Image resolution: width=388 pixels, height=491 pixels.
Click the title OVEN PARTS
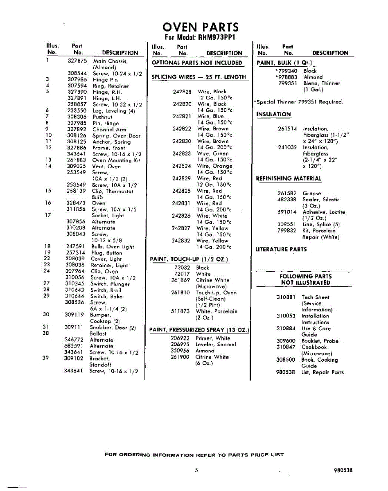click(200, 27)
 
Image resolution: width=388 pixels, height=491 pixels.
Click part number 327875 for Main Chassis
click(77, 61)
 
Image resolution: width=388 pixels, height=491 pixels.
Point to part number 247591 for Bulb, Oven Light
click(75, 247)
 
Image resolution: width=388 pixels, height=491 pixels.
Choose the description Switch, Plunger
click(110, 284)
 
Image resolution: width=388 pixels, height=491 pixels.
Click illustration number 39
click(46, 358)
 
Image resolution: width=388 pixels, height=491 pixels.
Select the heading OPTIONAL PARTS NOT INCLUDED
click(197, 63)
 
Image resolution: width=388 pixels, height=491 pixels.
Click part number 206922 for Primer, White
click(180, 338)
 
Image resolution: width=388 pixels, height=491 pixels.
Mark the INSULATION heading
click(273, 115)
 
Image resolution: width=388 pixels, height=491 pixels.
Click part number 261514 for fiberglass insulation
click(287, 129)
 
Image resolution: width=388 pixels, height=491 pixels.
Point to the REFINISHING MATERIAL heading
click(289, 178)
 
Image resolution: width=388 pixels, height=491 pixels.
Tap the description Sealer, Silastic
click(321, 200)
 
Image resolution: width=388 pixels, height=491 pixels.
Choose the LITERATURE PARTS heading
click(281, 249)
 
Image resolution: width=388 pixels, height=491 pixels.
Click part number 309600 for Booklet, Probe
click(286, 341)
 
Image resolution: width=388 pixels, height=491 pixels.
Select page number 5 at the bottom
click(196, 471)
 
